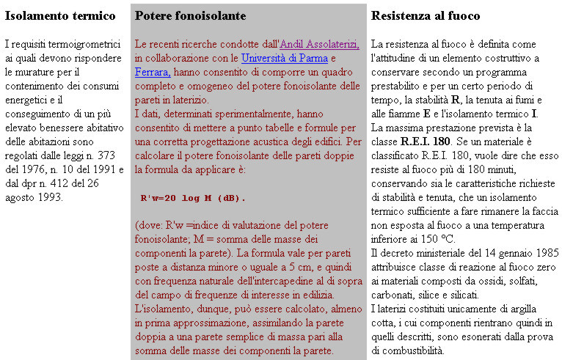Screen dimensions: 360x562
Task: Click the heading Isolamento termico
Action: pos(60,16)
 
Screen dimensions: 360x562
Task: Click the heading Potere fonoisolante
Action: pos(191,16)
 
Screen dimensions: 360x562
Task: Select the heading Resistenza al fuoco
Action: pos(426,16)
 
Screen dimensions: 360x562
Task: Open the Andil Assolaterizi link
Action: pos(320,45)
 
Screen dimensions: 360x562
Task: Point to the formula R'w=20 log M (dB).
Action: pos(193,198)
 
